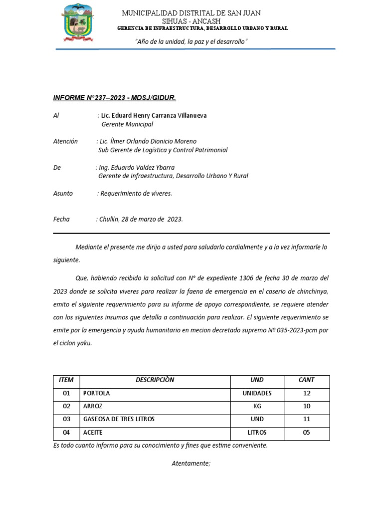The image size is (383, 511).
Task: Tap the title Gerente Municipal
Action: [127, 124]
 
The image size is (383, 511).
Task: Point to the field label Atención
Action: [65, 141]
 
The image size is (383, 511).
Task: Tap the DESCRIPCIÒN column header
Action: [155, 380]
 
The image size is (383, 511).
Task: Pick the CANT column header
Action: [306, 380]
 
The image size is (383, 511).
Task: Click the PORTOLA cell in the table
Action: [97, 393]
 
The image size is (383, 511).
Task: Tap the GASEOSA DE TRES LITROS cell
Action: [119, 419]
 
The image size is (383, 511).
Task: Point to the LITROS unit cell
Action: [257, 432]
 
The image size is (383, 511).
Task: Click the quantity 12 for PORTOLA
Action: [306, 393]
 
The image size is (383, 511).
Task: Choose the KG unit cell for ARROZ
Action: [257, 406]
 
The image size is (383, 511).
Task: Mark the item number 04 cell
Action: [66, 432]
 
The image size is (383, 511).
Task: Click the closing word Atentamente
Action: [191, 464]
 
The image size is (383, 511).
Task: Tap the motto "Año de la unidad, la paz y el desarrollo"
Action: [191, 42]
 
